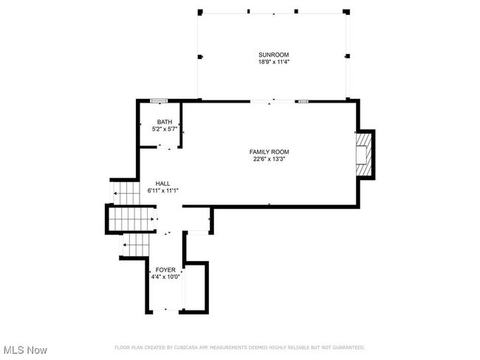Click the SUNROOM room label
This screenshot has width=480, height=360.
(x=273, y=55)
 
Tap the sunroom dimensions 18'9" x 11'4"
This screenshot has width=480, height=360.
(x=274, y=62)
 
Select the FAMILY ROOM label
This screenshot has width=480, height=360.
(x=269, y=152)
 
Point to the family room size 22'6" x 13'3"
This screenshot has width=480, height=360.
(x=269, y=159)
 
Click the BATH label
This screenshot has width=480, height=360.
(x=165, y=122)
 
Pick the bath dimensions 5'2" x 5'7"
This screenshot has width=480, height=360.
(x=165, y=129)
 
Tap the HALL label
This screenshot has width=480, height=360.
(x=163, y=184)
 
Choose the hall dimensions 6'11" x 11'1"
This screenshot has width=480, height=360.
(x=163, y=190)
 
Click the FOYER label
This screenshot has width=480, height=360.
(x=165, y=270)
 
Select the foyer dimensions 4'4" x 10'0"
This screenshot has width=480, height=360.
(x=165, y=277)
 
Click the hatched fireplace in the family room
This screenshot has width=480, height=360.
(x=363, y=154)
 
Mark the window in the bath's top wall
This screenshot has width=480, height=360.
(x=159, y=100)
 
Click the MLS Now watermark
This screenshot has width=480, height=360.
(x=26, y=350)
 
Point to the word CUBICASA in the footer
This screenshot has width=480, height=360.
(x=186, y=347)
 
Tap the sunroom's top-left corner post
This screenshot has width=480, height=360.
(x=200, y=13)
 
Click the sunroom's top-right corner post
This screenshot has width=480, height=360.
(x=346, y=12)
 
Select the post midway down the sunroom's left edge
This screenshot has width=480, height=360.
(x=200, y=57)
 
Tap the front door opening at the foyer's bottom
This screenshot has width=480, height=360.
(x=165, y=310)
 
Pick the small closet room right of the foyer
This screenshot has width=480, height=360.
(x=195, y=287)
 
